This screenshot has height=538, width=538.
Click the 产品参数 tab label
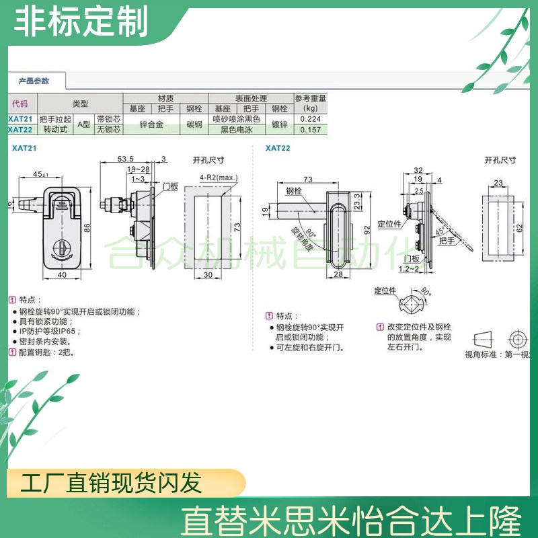(x=34, y=81)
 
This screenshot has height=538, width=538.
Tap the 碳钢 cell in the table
(x=194, y=124)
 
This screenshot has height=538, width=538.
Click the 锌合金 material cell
(x=152, y=124)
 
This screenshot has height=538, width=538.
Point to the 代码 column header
(x=20, y=104)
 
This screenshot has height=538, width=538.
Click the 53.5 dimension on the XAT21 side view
(x=126, y=159)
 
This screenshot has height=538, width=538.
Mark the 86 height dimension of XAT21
(x=87, y=228)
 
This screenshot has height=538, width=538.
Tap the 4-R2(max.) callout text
(x=219, y=178)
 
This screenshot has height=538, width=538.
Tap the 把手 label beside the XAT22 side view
(x=446, y=240)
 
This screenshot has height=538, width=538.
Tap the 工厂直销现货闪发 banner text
(x=111, y=483)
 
